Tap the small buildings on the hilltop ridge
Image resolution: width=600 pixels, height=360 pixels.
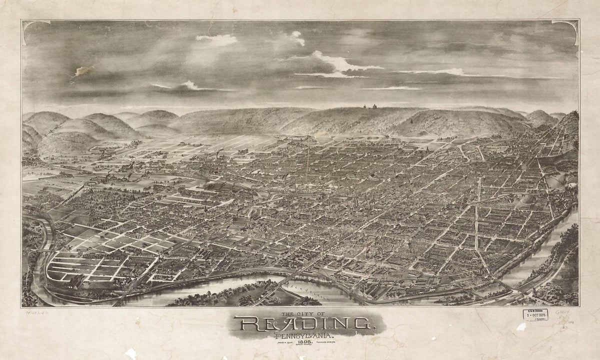pos(368,106)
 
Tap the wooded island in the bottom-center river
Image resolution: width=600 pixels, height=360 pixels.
pos(235,295)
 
